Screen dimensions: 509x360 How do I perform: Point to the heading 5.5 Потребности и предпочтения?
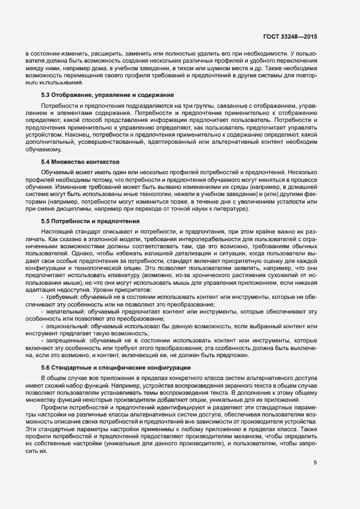91,222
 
